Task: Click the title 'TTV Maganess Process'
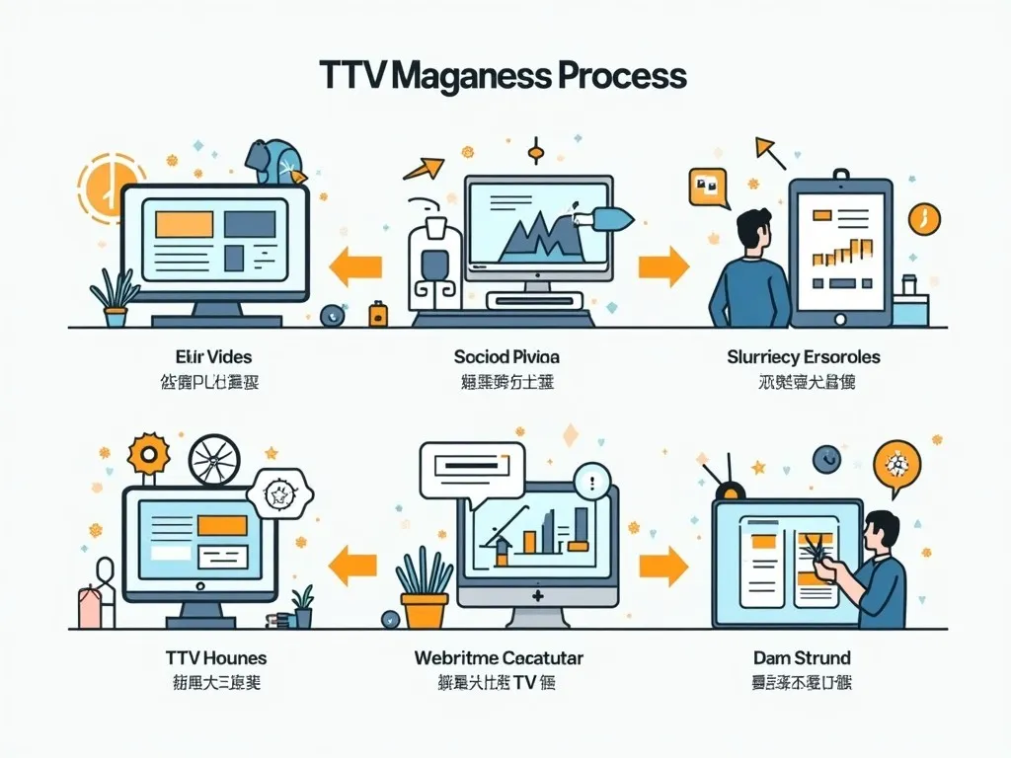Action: pos(503,76)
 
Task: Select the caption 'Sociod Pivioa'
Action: pos(506,356)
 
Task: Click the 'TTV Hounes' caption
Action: pos(216,657)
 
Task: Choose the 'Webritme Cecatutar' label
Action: pos(498,657)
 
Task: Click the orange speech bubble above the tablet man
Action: pos(708,186)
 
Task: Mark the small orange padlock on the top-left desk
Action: pos(377,314)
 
